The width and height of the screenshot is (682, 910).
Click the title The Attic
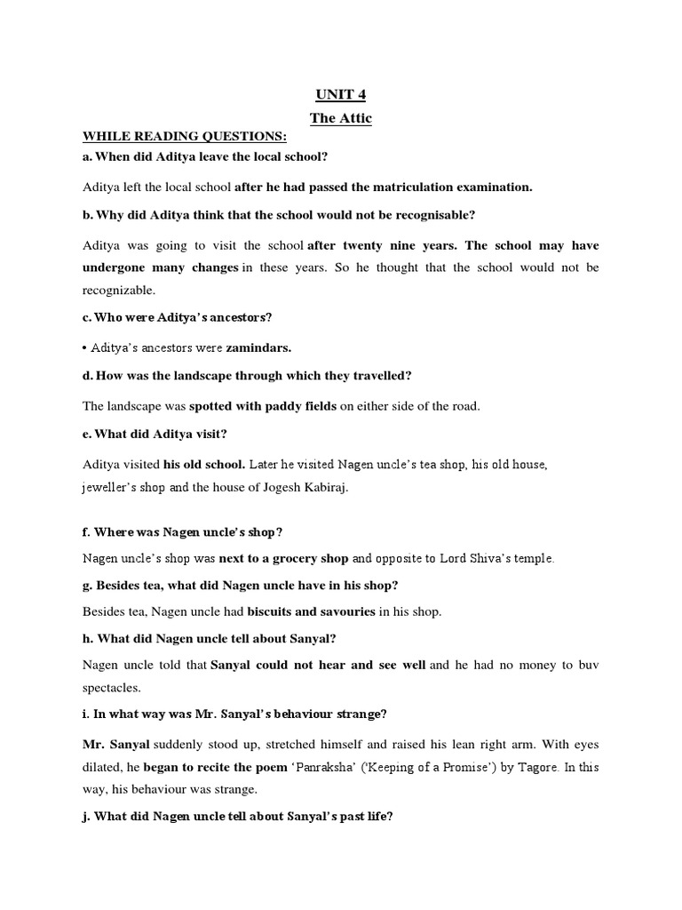[340, 118]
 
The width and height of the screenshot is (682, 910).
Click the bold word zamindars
[260, 347]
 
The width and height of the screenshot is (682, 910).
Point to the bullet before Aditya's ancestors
[86, 347]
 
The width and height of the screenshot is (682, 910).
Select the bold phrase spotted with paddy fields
[263, 406]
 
